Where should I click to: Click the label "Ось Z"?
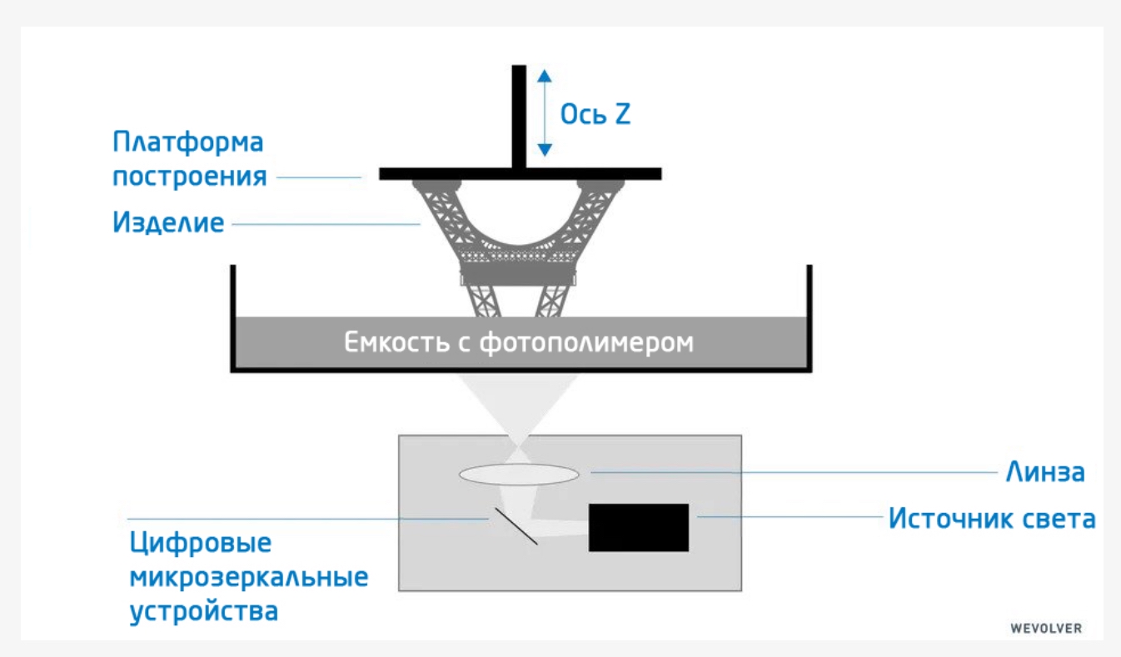coord(595,114)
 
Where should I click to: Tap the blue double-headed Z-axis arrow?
coord(544,112)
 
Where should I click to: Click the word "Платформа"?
coord(188,142)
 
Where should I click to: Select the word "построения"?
coord(190,177)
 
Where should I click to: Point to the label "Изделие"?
coord(168,222)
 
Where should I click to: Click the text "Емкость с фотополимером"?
coord(519,342)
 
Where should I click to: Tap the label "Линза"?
coord(1045,472)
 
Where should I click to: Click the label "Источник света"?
coord(991,518)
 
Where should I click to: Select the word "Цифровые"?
coord(201,544)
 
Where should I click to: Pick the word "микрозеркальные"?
coord(248,577)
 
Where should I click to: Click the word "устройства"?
coord(203,611)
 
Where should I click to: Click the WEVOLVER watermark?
coord(1046,629)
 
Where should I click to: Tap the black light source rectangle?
coord(639,527)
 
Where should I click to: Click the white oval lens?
coord(519,474)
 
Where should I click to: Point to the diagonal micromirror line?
coord(516,526)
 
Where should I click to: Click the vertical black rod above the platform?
coord(519,117)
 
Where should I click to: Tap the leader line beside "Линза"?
coord(791,472)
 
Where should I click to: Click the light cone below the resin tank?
coord(517,400)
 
